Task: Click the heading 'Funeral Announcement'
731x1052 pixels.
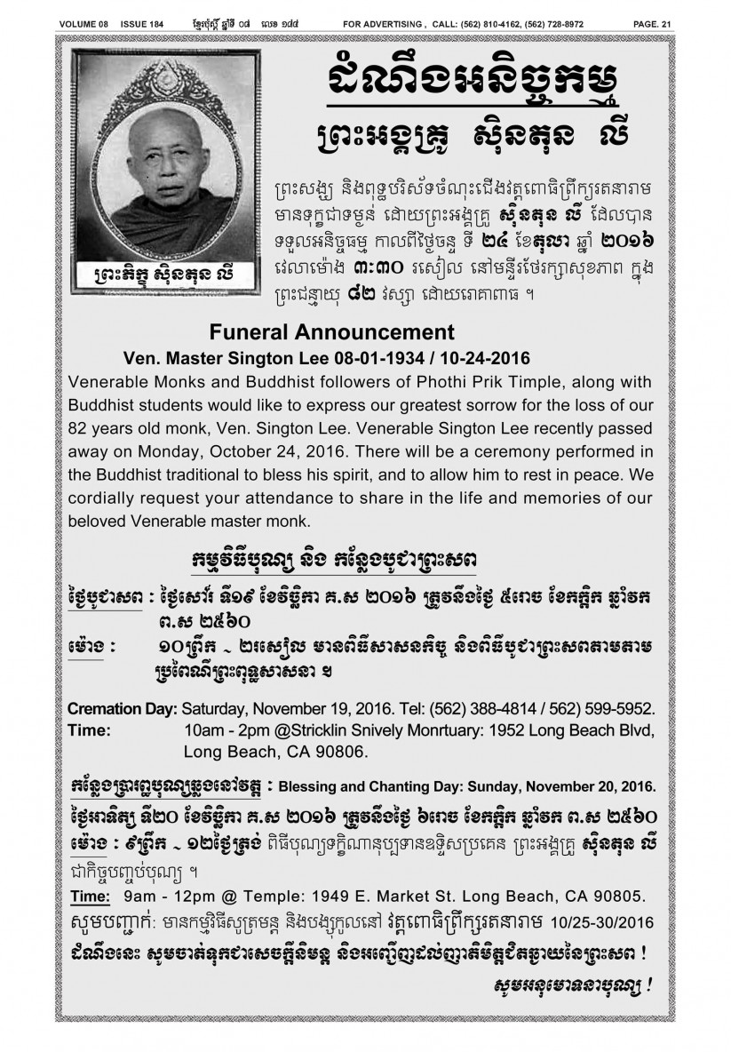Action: coord(331,332)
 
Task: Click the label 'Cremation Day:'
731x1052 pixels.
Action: coord(123,709)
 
